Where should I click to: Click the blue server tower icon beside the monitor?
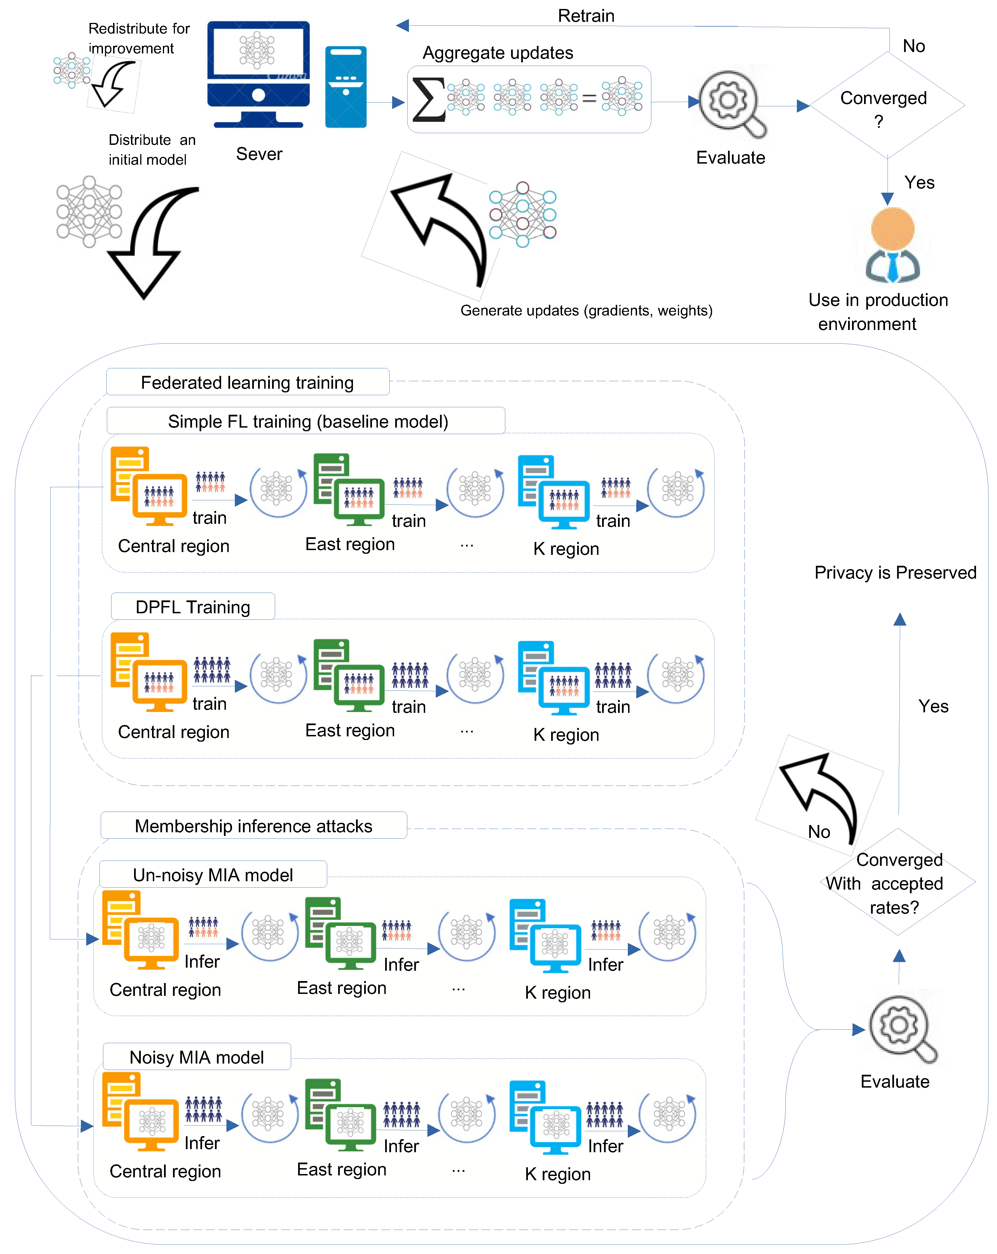click(x=346, y=87)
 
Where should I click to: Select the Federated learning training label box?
click(x=247, y=382)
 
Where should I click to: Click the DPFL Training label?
click(x=193, y=607)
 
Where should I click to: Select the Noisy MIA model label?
click(x=197, y=1057)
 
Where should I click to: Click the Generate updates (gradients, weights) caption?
click(x=586, y=311)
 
